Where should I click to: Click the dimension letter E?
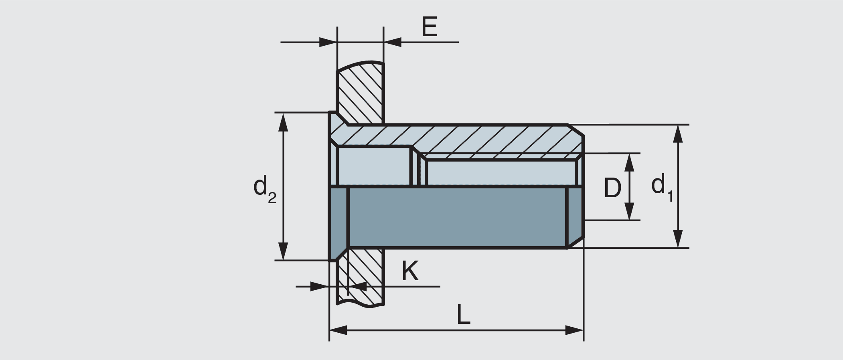(x=430, y=27)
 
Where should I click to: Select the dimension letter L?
(x=463, y=315)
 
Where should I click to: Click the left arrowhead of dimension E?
(x=328, y=42)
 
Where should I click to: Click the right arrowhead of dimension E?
(x=393, y=42)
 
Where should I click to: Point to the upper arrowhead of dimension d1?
(x=677, y=134)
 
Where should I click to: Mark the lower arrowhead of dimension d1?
(x=677, y=239)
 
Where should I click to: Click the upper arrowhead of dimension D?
(x=629, y=162)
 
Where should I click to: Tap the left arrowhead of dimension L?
(x=338, y=331)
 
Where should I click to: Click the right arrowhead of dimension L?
(x=574, y=331)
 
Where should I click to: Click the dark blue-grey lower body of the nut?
(x=457, y=217)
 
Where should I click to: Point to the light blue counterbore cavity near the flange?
(x=374, y=166)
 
